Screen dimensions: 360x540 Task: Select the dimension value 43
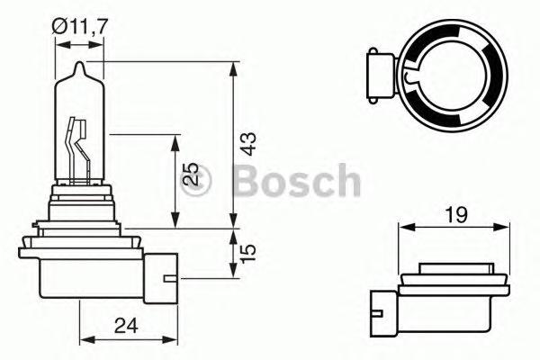pos(249,144)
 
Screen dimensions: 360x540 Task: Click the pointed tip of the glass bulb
pos(79,65)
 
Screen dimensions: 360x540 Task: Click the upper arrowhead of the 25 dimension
pos(175,139)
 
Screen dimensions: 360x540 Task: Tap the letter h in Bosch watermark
pos(345,182)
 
